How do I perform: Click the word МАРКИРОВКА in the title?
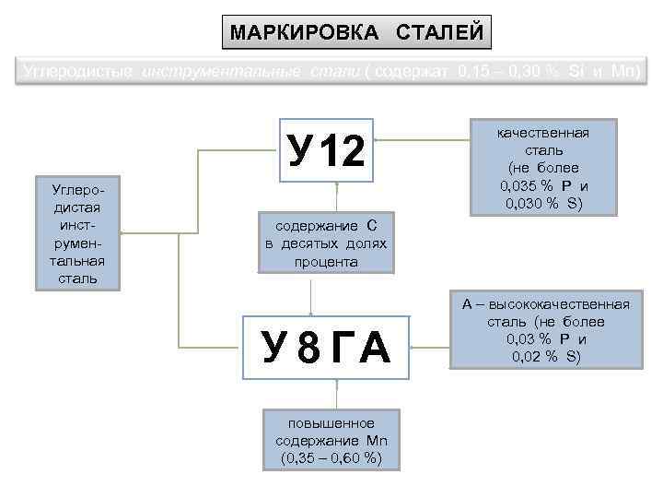(x=303, y=33)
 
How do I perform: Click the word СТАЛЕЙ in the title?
(x=439, y=33)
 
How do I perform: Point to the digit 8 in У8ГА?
(x=310, y=350)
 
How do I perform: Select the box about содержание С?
(x=326, y=243)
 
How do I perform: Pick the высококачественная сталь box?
(x=545, y=330)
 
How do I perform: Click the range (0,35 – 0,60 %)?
(x=331, y=457)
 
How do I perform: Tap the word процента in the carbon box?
(x=326, y=262)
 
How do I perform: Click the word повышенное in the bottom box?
(x=331, y=421)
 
